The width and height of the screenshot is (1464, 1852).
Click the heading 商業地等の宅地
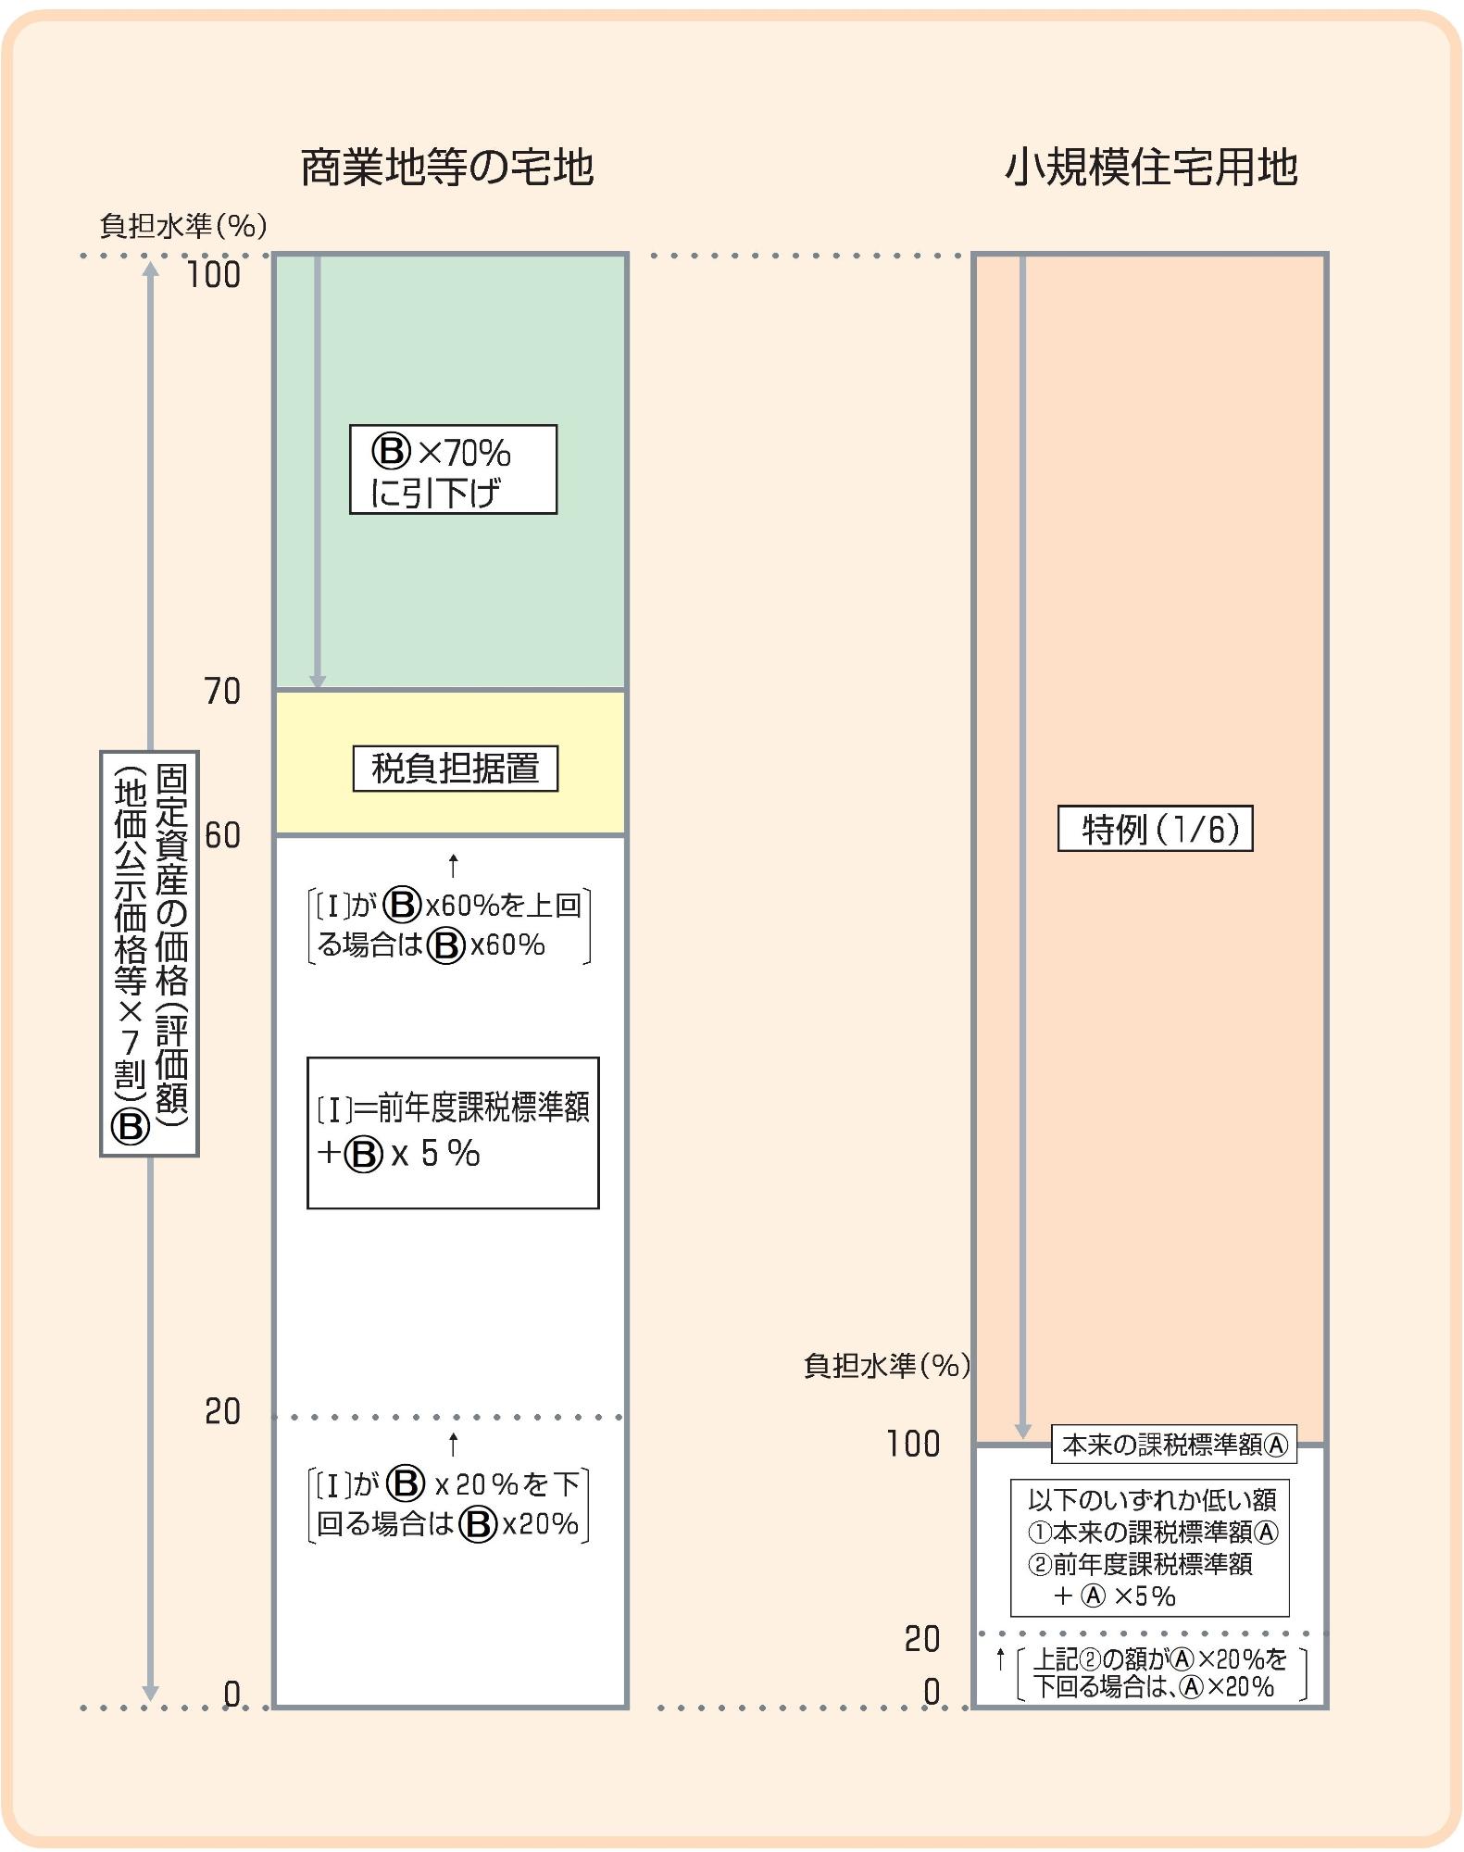(446, 168)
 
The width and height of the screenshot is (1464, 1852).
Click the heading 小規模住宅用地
(1150, 168)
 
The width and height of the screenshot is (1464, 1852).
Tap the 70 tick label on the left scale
(222, 692)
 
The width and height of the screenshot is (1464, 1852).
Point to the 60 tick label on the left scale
(222, 835)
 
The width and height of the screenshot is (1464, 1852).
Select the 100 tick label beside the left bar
(214, 275)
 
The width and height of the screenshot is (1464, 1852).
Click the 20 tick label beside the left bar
(222, 1412)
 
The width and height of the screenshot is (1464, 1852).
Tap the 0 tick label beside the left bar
(231, 1694)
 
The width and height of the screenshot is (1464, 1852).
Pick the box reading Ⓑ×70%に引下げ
(453, 469)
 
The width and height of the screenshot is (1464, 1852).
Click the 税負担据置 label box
(455, 769)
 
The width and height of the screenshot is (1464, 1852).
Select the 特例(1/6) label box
(1155, 829)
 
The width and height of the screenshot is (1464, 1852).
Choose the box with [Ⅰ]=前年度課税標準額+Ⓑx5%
(453, 1132)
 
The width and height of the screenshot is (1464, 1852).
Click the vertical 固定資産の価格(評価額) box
(149, 953)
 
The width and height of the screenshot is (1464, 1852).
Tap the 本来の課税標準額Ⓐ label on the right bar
(1173, 1445)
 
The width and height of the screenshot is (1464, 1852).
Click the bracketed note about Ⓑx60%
(449, 926)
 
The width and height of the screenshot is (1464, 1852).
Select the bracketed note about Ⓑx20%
(449, 1505)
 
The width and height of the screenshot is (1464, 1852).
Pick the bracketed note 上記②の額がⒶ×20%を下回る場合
(1161, 1672)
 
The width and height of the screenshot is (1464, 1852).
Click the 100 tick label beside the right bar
(913, 1444)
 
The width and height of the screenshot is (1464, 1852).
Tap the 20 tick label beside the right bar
(921, 1639)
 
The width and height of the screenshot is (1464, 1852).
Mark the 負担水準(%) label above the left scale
(183, 226)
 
